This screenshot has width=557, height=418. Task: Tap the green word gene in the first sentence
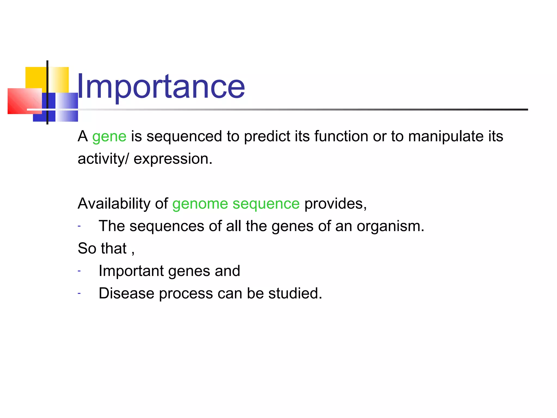[109, 136]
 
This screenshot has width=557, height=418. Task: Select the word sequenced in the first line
[184, 136]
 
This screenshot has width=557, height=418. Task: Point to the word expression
[173, 159]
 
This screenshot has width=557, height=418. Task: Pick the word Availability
[114, 204]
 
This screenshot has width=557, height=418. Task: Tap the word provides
[335, 204]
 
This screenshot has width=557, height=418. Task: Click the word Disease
[126, 293]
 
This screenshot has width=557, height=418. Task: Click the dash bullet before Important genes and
[79, 271]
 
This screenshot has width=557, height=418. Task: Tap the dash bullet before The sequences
[79, 226]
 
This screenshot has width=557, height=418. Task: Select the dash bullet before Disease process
[79, 293]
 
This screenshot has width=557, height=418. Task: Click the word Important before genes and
[131, 271]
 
